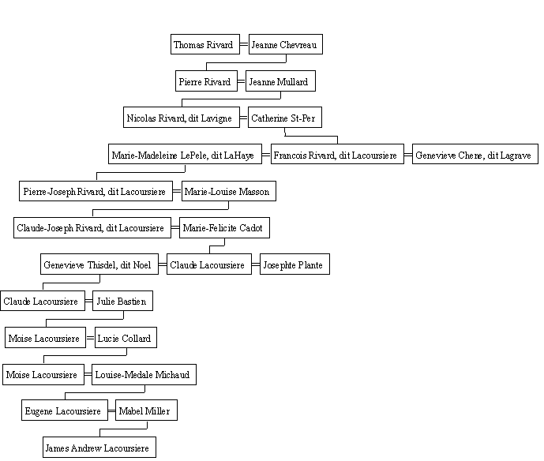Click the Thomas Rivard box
205,44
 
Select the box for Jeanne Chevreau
286,44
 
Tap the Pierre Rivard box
206,81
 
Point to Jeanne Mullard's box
280,81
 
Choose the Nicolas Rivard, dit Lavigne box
182,118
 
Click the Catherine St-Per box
285,118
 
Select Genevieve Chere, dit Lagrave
475,154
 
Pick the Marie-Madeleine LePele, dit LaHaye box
185,154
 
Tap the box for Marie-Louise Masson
229,191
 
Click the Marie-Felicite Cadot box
224,228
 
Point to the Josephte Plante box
295,264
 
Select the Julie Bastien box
122,301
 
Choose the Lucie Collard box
126,338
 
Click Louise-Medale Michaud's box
144,375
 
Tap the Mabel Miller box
146,410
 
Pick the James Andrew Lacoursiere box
99,448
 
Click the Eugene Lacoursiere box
65,410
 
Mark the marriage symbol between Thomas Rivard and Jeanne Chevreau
244,44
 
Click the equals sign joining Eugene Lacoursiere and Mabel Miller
111,411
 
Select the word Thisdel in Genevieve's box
103,265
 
